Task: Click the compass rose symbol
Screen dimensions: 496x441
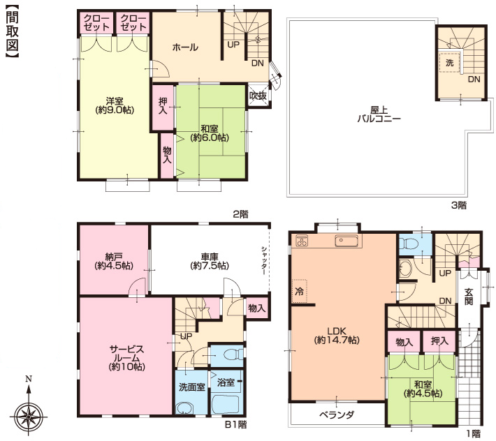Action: (29, 417)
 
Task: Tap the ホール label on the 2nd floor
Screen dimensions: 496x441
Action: (185, 47)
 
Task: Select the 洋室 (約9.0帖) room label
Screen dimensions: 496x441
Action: (115, 105)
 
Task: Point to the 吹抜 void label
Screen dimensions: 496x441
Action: (258, 96)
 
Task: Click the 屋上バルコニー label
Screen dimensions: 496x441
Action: (379, 114)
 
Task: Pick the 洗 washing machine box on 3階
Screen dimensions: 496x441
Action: (449, 63)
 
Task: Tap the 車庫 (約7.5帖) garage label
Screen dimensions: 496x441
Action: (210, 262)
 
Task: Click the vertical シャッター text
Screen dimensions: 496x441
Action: (264, 260)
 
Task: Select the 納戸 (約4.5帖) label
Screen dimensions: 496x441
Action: (114, 261)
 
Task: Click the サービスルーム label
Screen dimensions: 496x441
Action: (127, 358)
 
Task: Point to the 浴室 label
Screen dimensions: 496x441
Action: (226, 382)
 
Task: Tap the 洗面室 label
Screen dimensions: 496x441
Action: (192, 387)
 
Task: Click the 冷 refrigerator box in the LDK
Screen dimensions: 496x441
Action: (299, 291)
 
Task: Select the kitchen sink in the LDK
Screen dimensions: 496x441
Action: (347, 241)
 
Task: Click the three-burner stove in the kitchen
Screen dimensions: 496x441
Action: (301, 241)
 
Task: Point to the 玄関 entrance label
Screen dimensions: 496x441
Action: (469, 297)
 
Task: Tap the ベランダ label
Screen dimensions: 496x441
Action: (337, 414)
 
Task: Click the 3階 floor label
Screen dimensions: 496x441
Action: (458, 205)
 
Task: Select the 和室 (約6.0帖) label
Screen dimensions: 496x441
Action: (210, 133)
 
